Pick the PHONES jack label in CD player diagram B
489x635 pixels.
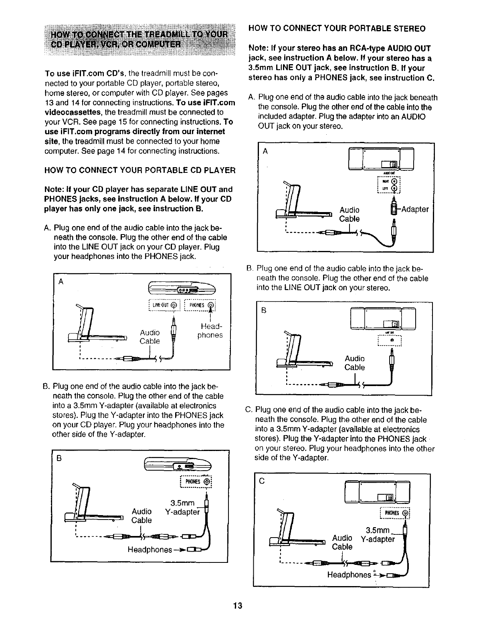[x=196, y=481]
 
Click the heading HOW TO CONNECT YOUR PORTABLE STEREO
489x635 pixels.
[x=337, y=29]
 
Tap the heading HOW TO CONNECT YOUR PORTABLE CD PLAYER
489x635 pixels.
[x=139, y=170]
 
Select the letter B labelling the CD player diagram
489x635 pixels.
[x=59, y=459]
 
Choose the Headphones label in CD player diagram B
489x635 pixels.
[x=150, y=550]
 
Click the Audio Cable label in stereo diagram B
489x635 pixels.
[x=355, y=363]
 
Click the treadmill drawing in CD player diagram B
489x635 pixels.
[x=96, y=507]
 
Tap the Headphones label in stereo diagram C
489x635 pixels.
[x=349, y=575]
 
